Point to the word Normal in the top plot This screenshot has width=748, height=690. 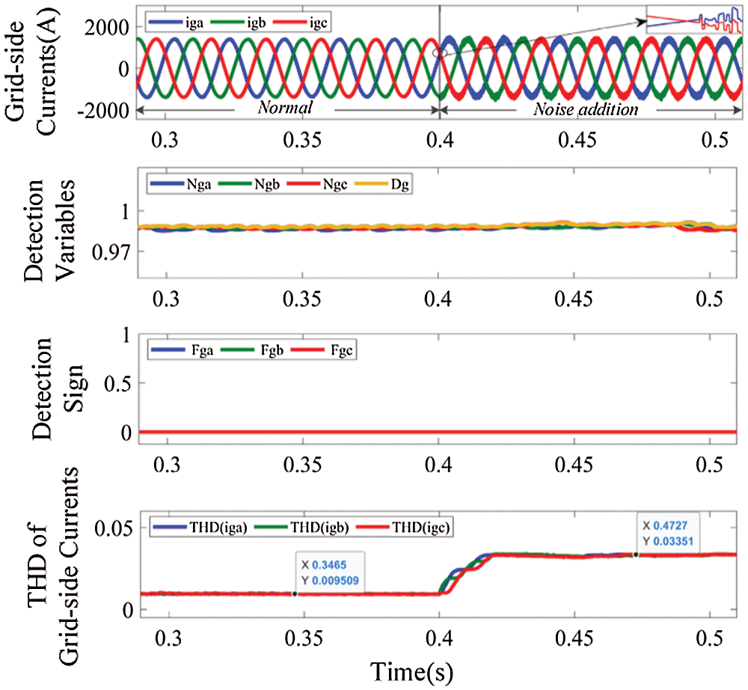(284, 109)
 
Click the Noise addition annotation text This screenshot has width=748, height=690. (586, 109)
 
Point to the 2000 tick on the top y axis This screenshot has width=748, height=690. (109, 27)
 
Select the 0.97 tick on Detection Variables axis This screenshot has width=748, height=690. (110, 251)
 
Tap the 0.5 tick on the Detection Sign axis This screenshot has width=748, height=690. (116, 383)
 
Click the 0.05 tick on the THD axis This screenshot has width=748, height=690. (113, 528)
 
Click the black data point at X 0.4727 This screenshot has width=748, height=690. (636, 555)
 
